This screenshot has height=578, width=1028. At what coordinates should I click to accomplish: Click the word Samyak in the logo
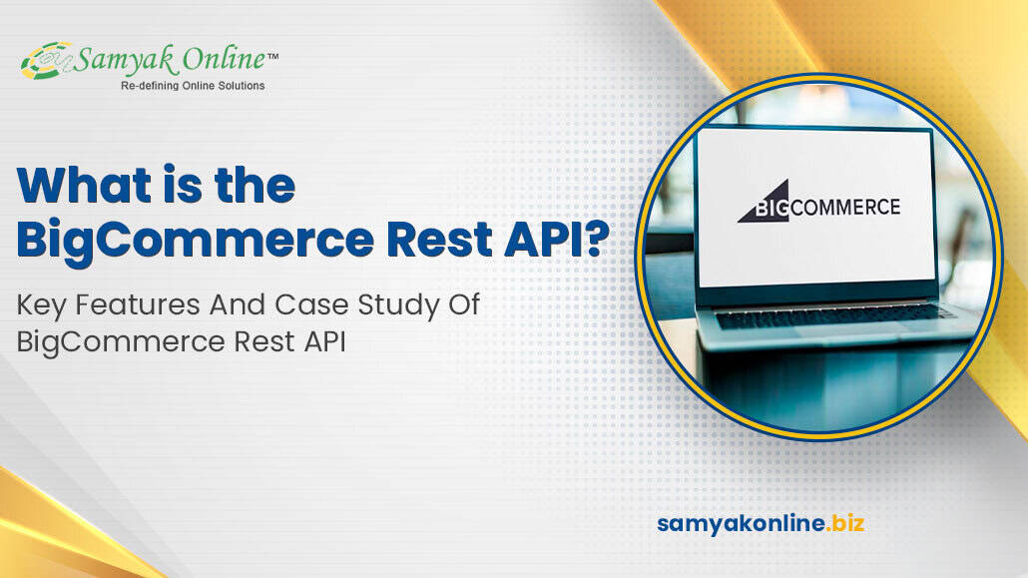[x=125, y=60]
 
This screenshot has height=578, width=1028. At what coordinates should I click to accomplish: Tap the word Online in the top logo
[x=224, y=59]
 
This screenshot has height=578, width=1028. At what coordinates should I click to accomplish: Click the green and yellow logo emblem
[x=46, y=61]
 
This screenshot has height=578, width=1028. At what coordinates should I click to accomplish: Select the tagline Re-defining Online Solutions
[x=193, y=86]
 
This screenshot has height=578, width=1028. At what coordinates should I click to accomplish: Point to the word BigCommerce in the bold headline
[x=196, y=241]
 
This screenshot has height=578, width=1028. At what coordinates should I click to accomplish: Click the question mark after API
[x=595, y=238]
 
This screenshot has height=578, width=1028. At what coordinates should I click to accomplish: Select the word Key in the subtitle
[x=42, y=306]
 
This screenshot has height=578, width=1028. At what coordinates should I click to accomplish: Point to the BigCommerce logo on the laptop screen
[x=818, y=202]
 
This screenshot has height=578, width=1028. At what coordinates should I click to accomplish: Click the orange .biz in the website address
[x=845, y=523]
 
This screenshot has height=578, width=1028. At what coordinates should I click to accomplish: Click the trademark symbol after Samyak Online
[x=272, y=56]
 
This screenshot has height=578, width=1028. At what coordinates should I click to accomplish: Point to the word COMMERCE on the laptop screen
[x=845, y=208]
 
